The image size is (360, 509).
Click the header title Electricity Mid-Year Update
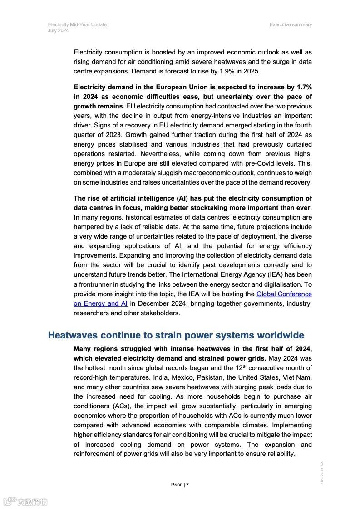pyautogui.click(x=77, y=24)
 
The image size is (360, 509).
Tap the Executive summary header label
pyautogui.click(x=291, y=24)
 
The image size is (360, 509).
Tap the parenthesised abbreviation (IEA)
pyautogui.click(x=265, y=274)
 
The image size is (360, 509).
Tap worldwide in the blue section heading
pyautogui.click(x=280, y=335)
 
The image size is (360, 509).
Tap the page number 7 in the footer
pyautogui.click(x=187, y=485)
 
